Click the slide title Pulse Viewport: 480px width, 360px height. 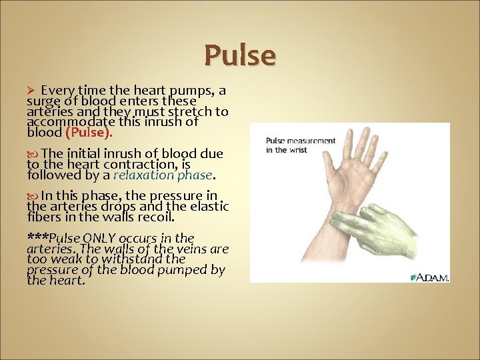[239, 55]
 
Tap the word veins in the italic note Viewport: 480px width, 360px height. [184, 249]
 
